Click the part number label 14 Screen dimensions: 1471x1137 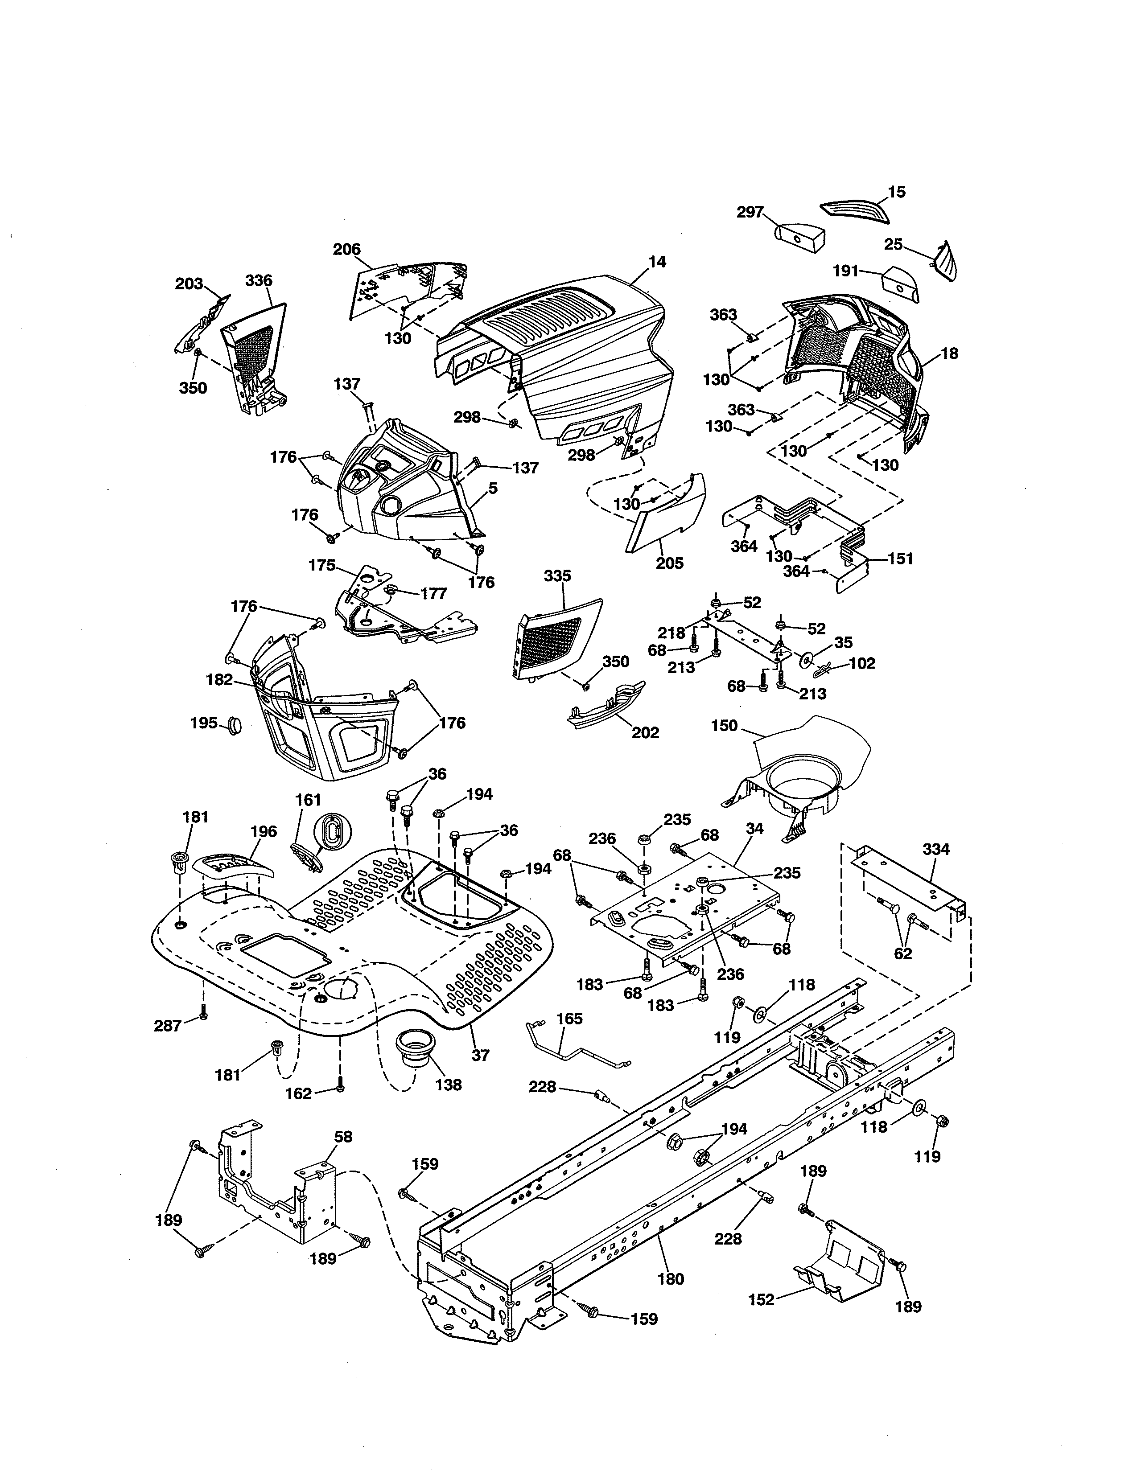[x=657, y=262]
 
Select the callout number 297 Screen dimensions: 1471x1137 [x=749, y=212]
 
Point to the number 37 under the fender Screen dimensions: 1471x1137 [x=480, y=1056]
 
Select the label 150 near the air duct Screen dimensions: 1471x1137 [x=724, y=725]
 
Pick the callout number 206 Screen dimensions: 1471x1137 [x=347, y=249]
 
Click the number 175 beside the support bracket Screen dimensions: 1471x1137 [x=322, y=565]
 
